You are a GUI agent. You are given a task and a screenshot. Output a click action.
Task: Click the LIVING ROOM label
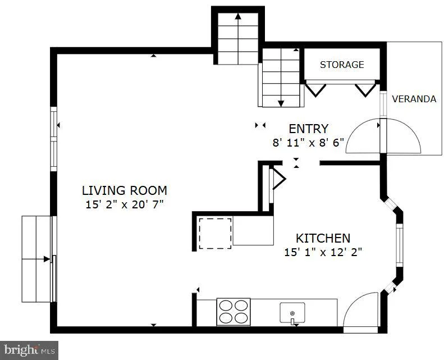pos(124,190)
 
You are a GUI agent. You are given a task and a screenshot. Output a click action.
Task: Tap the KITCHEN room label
pos(323,238)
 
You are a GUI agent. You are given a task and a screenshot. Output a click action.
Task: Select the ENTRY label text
pos(308,129)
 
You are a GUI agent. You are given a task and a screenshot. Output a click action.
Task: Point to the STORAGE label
pos(342,65)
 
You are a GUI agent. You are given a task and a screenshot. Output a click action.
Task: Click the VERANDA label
pos(414,99)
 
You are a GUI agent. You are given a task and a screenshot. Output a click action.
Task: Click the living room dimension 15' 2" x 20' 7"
pos(125,204)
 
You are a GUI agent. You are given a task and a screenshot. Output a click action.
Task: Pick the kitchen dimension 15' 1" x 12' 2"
pos(323,252)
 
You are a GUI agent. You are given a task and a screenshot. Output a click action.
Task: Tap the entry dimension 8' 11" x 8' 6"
pos(308,143)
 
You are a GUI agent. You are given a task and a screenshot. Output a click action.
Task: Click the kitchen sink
pos(292,313)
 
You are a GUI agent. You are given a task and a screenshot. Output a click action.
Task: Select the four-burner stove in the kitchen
pos(234,312)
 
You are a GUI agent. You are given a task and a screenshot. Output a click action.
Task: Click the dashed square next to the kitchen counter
pos(215,234)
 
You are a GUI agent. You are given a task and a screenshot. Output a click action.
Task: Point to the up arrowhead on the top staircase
pos(238,16)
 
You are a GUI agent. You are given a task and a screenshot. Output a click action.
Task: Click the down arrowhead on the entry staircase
pos(281,103)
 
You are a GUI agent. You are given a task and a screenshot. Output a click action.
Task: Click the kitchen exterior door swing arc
pos(358,306)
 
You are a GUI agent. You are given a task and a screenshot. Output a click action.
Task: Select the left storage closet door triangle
pos(315,90)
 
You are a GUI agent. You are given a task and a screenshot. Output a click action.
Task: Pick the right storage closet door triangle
pos(365,90)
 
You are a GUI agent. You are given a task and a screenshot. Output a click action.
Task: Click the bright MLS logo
pos(29,350)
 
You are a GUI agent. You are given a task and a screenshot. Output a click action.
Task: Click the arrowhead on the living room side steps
pos(47,259)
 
